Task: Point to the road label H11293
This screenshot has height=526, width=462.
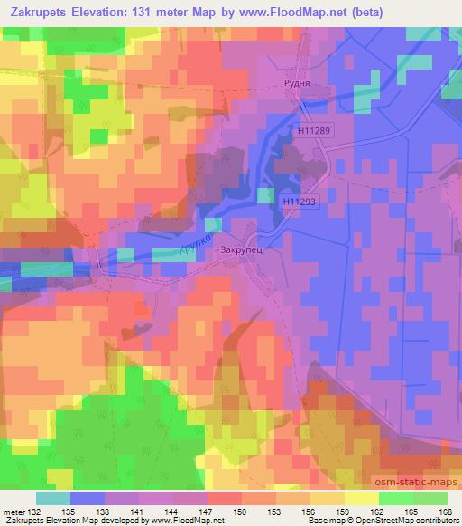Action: [298, 202]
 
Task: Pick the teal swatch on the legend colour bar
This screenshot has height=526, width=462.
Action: [53, 497]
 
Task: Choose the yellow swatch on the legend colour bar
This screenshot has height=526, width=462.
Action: [360, 497]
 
